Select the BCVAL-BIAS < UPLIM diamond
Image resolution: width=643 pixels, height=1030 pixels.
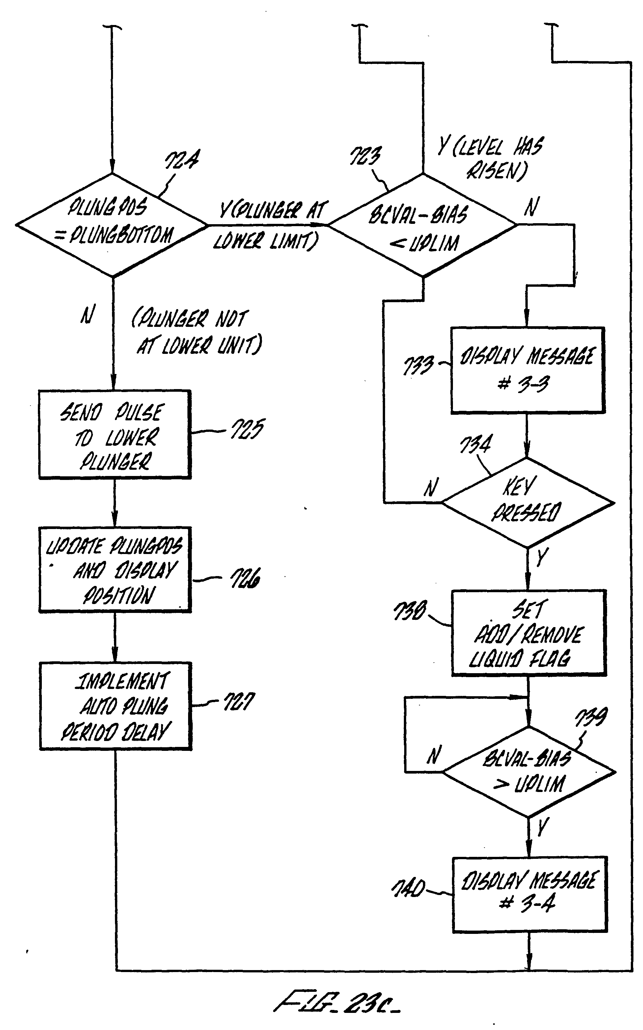point(422,225)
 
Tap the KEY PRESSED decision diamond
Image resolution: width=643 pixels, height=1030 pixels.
point(527,503)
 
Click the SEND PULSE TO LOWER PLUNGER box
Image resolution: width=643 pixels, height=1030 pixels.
point(114,434)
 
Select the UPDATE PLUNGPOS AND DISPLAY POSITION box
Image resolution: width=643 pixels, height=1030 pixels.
point(115,569)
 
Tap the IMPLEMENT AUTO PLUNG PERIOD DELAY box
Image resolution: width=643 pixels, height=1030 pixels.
point(115,706)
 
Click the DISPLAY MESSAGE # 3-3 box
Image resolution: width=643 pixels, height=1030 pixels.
point(527,369)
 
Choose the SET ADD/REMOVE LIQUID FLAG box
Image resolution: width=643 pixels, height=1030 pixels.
point(528,632)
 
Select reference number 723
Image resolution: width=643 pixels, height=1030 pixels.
point(365,156)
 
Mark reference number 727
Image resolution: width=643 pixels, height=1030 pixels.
point(239,701)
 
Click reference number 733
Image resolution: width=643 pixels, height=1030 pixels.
point(418,365)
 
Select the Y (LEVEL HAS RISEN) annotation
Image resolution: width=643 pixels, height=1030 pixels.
point(491,158)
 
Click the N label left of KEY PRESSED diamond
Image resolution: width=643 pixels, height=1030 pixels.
point(431,488)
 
